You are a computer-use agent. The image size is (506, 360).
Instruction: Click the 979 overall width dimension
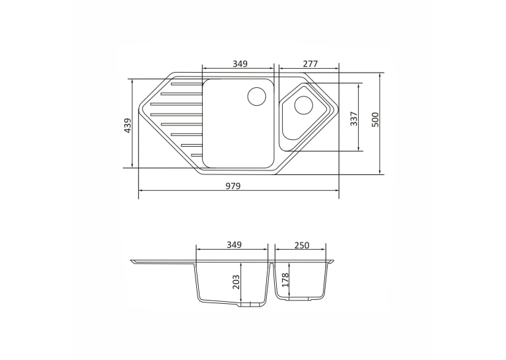pyautogui.click(x=233, y=186)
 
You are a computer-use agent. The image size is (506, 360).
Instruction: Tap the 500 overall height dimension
pyautogui.click(x=375, y=120)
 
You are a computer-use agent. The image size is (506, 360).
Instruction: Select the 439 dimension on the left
pyautogui.click(x=127, y=125)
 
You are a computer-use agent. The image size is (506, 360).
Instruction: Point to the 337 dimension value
pyautogui.click(x=354, y=119)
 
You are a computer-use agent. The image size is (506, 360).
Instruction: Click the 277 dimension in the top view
pyautogui.click(x=310, y=64)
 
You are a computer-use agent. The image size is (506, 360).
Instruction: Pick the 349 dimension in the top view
pyautogui.click(x=240, y=64)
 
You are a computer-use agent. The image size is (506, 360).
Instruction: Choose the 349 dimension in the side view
pyautogui.click(x=234, y=245)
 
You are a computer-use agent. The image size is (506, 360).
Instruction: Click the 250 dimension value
pyautogui.click(x=302, y=246)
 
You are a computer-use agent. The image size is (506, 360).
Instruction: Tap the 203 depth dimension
pyautogui.click(x=236, y=282)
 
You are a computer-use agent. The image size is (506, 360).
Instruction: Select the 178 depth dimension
pyautogui.click(x=285, y=279)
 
